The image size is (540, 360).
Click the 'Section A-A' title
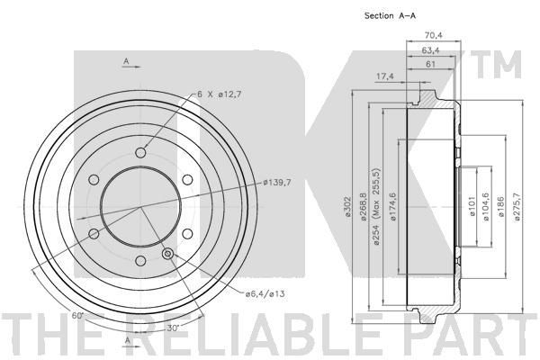click(x=390, y=15)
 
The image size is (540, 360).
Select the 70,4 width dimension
click(x=433, y=35)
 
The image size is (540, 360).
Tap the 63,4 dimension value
click(x=430, y=50)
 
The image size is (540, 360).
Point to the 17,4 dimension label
click(x=384, y=76)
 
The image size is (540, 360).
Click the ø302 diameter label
click(x=347, y=207)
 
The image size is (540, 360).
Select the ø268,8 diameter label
click(x=363, y=207)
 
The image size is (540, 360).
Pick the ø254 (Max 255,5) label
click(x=376, y=206)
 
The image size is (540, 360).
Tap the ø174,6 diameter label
click(x=392, y=207)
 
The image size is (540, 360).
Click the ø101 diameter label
click(x=472, y=206)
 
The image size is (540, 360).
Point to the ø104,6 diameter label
click(x=486, y=207)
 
